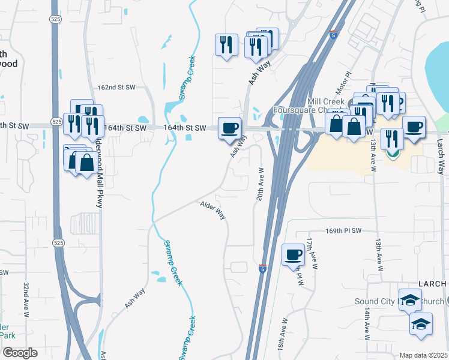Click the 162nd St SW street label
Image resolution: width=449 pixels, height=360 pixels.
[115, 88]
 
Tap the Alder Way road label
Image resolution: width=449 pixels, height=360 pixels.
[212, 211]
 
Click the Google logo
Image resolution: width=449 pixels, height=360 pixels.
[20, 353]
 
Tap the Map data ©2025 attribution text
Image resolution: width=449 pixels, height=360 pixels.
[423, 355]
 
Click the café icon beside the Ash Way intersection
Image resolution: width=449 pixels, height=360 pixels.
[230, 127]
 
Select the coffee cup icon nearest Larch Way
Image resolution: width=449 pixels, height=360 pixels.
[413, 127]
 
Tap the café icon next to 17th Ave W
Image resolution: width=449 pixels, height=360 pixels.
[293, 254]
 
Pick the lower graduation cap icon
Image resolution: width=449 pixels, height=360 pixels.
[421, 324]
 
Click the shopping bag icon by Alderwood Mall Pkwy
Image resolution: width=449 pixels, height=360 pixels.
[86, 162]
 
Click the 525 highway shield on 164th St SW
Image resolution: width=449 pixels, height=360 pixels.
[56, 122]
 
